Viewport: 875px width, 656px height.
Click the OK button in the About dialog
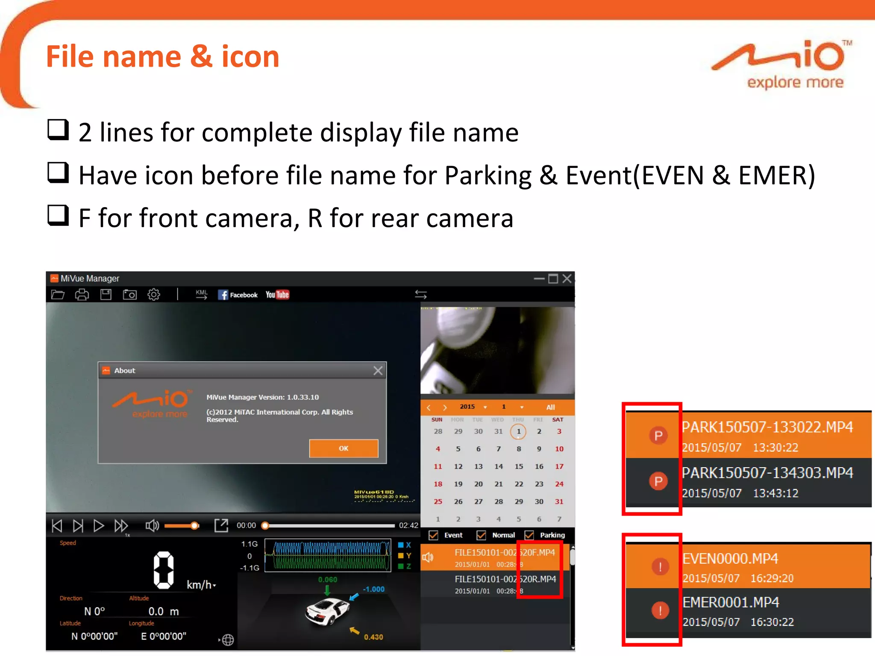(344, 448)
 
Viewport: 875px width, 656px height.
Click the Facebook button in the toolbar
(238, 295)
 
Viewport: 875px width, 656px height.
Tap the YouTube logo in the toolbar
(277, 295)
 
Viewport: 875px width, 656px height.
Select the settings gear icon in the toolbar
(154, 295)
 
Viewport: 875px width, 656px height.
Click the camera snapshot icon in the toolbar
(129, 295)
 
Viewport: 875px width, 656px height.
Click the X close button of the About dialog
(378, 370)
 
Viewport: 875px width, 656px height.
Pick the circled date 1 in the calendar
(518, 431)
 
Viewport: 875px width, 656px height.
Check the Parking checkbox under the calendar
(529, 535)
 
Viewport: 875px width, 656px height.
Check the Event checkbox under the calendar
(434, 535)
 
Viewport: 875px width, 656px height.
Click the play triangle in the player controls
(98, 525)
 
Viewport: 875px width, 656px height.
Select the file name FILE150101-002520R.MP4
(505, 579)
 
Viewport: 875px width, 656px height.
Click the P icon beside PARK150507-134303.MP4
(658, 481)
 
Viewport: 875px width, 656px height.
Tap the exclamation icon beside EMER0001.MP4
(660, 610)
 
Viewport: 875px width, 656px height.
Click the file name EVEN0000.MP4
(730, 559)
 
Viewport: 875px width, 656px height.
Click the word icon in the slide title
(250, 57)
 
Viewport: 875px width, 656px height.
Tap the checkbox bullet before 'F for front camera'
(58, 215)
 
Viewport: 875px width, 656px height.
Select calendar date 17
(559, 466)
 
